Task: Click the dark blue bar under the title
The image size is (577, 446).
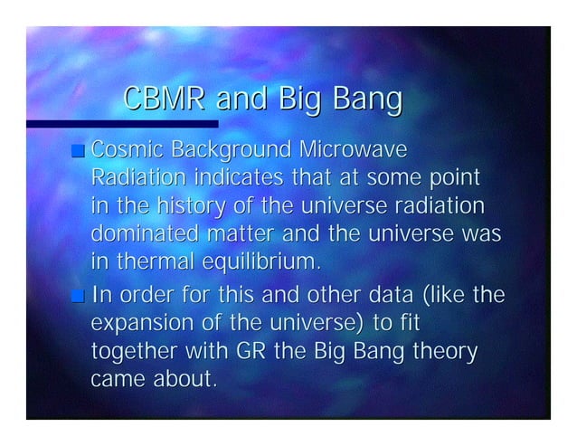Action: pyautogui.click(x=122, y=124)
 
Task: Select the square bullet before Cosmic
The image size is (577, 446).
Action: pyautogui.click(x=80, y=150)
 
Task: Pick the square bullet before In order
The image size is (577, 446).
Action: pyautogui.click(x=80, y=296)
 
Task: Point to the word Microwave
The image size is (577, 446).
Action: pyautogui.click(x=355, y=148)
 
